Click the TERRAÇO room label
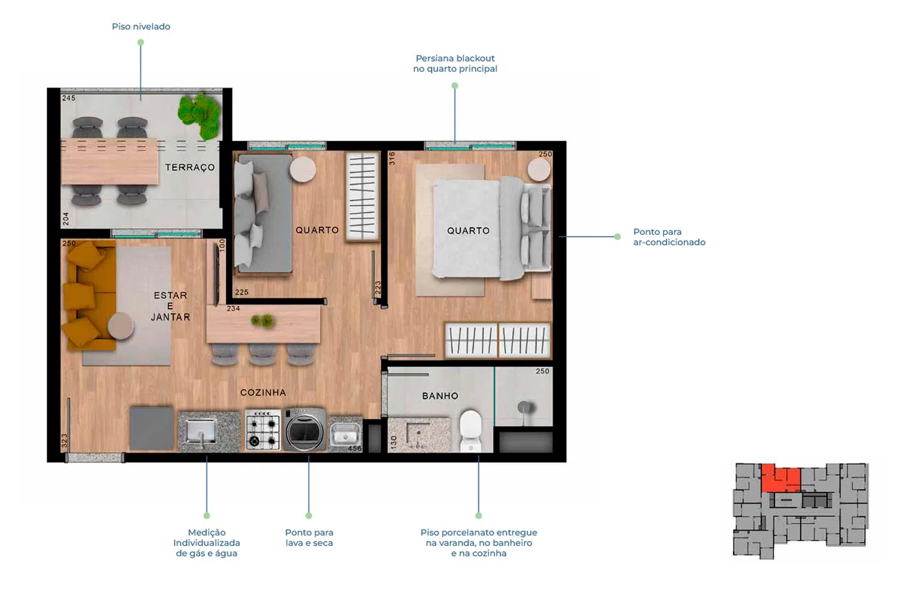pos(190,167)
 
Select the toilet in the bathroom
pos(470,431)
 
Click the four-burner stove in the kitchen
pos(263,429)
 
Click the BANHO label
pos(440,396)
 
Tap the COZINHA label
pos(263,392)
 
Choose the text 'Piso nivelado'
pos(141,26)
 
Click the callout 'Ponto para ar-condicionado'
pos(669,237)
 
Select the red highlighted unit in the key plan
pos(780,478)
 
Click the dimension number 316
pos(392,158)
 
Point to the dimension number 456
pos(354,448)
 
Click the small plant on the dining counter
pos(263,320)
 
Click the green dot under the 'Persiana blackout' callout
pos(455,86)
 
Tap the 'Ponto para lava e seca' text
pos(309,538)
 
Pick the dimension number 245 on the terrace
pos(69,98)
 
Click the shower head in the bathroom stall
pos(526,408)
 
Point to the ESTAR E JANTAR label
pos(171,306)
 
